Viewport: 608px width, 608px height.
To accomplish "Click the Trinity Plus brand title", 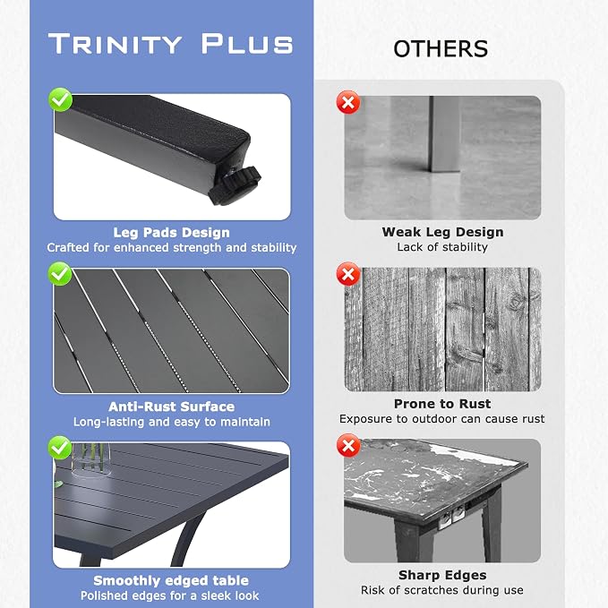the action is click(x=171, y=43).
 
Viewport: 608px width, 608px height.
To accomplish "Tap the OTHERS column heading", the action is click(x=441, y=49).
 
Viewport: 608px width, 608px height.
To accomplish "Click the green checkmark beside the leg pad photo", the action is click(x=61, y=99).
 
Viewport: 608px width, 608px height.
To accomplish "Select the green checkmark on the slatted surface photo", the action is click(x=60, y=273).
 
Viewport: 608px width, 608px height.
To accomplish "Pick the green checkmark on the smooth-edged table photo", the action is click(x=60, y=448).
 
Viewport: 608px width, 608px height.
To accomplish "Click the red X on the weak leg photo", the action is click(x=348, y=102).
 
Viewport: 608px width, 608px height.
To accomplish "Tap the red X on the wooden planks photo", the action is click(x=348, y=274).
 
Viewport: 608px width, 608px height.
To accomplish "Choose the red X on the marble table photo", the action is click(x=348, y=446).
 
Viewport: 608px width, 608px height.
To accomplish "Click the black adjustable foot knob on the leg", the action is click(x=235, y=185).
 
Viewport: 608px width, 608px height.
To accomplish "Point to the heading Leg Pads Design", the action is click(x=171, y=232).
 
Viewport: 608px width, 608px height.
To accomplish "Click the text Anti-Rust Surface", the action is click(x=171, y=407).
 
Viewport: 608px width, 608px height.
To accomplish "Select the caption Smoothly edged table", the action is click(x=171, y=580).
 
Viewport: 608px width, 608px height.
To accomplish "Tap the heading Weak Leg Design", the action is click(x=443, y=232).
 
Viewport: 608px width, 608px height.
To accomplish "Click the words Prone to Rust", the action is click(x=442, y=404).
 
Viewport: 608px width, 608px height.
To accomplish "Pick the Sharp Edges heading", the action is click(x=442, y=575).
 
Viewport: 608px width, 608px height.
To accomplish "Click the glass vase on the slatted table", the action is click(x=90, y=460).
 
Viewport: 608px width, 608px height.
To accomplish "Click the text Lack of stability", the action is click(x=442, y=247).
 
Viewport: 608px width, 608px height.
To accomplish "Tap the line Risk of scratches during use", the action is click(x=442, y=590).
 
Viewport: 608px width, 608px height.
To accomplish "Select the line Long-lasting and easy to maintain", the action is click(x=172, y=422).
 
